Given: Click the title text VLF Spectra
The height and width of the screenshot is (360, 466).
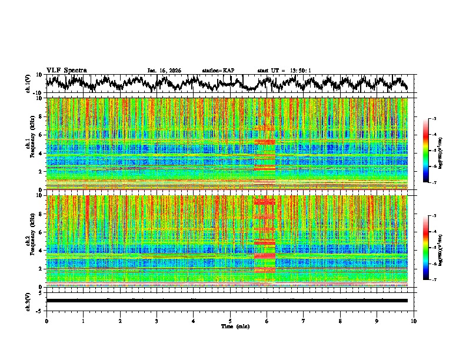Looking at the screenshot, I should click(x=66, y=70).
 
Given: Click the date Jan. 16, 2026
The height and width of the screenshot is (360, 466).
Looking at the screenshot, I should click(x=164, y=71).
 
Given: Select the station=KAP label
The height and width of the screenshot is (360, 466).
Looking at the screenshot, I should click(x=218, y=71).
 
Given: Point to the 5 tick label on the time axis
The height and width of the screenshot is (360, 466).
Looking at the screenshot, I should click(x=230, y=321).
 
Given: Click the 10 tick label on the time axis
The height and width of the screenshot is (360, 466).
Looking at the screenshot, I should click(x=414, y=321).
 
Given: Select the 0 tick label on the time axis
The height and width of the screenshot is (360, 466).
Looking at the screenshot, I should click(x=46, y=321).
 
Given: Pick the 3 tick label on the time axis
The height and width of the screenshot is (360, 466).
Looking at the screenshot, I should click(x=157, y=321).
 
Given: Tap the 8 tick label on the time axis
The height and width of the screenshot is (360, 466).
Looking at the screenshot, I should click(x=340, y=321).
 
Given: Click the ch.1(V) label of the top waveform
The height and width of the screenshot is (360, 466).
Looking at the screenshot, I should click(x=28, y=84).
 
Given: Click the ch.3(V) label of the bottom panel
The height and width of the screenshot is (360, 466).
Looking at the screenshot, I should click(x=28, y=300).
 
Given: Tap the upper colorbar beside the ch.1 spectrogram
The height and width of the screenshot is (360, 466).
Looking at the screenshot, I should click(x=426, y=151).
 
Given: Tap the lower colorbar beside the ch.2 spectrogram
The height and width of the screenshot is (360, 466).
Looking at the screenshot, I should click(x=426, y=248).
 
